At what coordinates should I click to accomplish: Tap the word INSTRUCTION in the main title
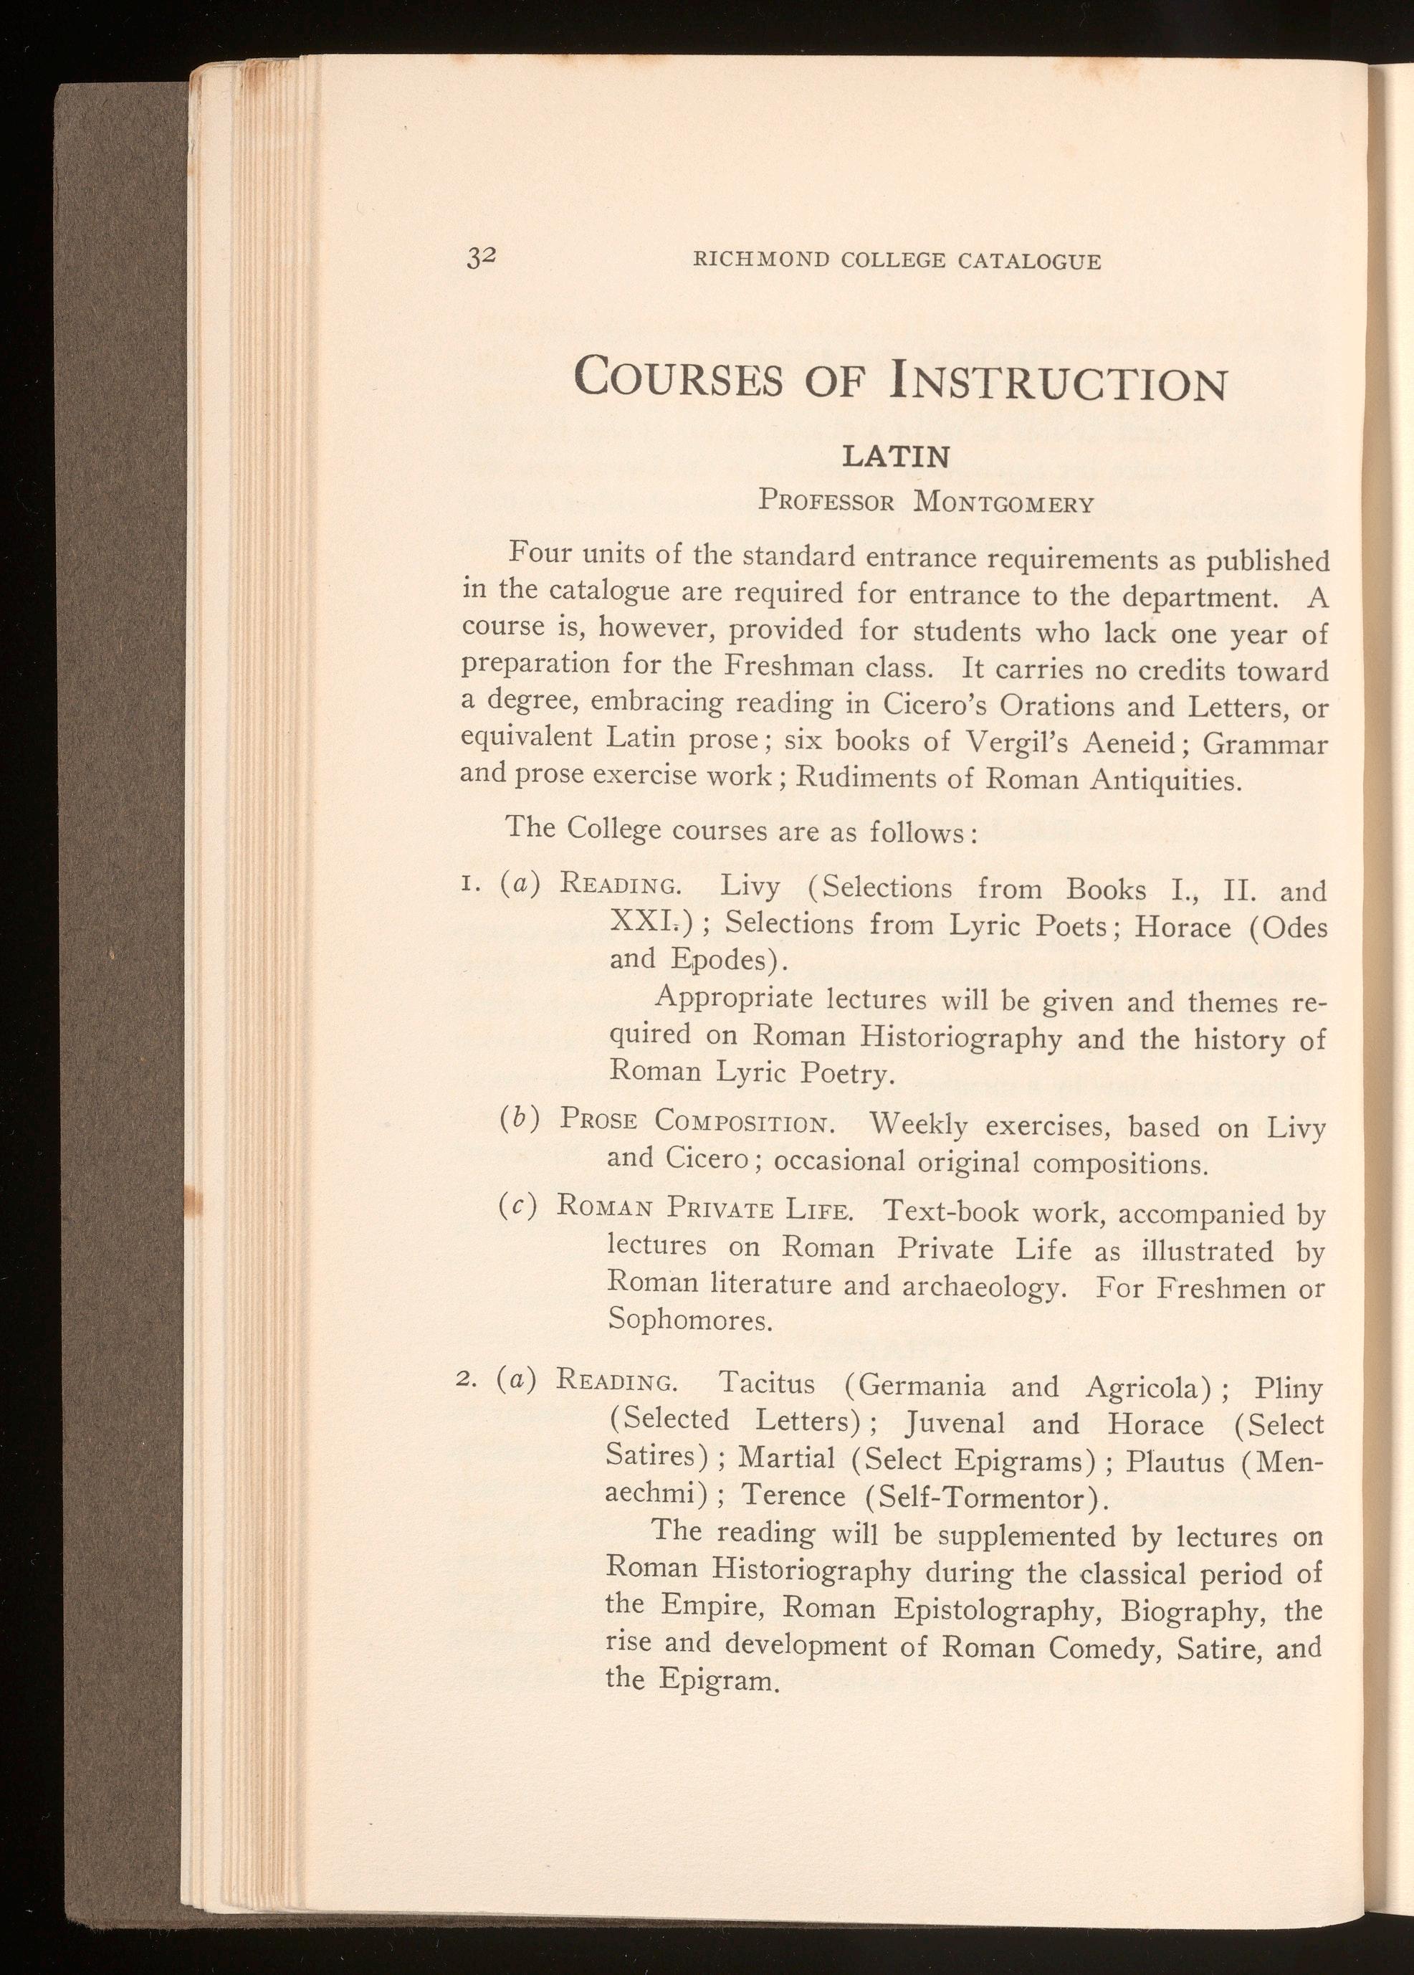pyautogui.click(x=1058, y=381)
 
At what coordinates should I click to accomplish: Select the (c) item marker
pyautogui.click(x=517, y=1206)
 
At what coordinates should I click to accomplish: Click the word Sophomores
pyautogui.click(x=689, y=1320)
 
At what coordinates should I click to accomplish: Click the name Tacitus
pyautogui.click(x=767, y=1383)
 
